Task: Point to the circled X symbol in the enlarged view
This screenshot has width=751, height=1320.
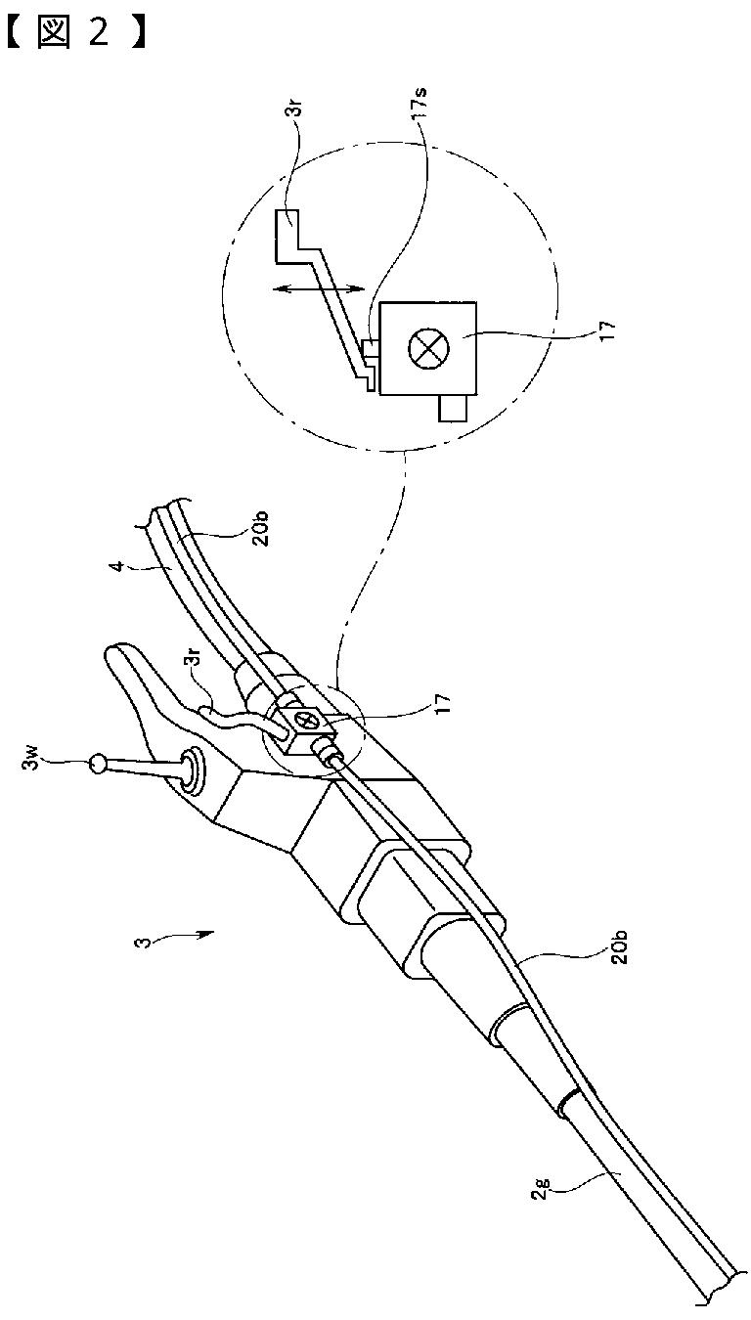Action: pos(429,347)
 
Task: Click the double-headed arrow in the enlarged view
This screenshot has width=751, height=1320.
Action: pos(320,289)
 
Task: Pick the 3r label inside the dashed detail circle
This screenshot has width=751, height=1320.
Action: pos(297,115)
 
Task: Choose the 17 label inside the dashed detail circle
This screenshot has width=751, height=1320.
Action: pos(607,329)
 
